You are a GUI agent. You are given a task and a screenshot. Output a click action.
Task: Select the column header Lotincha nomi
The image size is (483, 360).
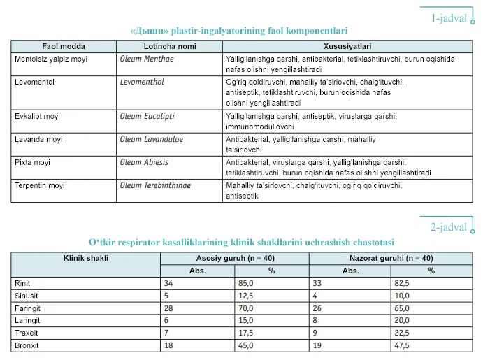tap(169, 45)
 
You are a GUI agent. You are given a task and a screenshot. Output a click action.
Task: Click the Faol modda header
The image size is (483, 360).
tap(64, 45)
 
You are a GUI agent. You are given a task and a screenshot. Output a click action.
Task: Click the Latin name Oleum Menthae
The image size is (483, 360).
tap(147, 59)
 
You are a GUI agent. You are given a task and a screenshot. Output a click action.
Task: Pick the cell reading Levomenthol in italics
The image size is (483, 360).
tap(144, 82)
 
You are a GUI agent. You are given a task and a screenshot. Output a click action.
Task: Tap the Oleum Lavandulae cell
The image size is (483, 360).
tap(152, 139)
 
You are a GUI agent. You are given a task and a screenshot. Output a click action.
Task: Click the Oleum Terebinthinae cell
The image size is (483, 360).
tap(155, 185)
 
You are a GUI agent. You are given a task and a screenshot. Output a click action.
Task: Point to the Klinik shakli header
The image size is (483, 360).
tap(86, 258)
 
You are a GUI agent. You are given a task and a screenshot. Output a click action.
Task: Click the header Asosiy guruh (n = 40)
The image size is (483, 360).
tap(235, 258)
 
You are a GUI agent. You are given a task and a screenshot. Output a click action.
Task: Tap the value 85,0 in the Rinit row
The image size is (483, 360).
tap(248, 284)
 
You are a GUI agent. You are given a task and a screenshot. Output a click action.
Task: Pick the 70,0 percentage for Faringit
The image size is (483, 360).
tap(248, 308)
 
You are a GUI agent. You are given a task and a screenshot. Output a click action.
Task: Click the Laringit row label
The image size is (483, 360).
tap(28, 321)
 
